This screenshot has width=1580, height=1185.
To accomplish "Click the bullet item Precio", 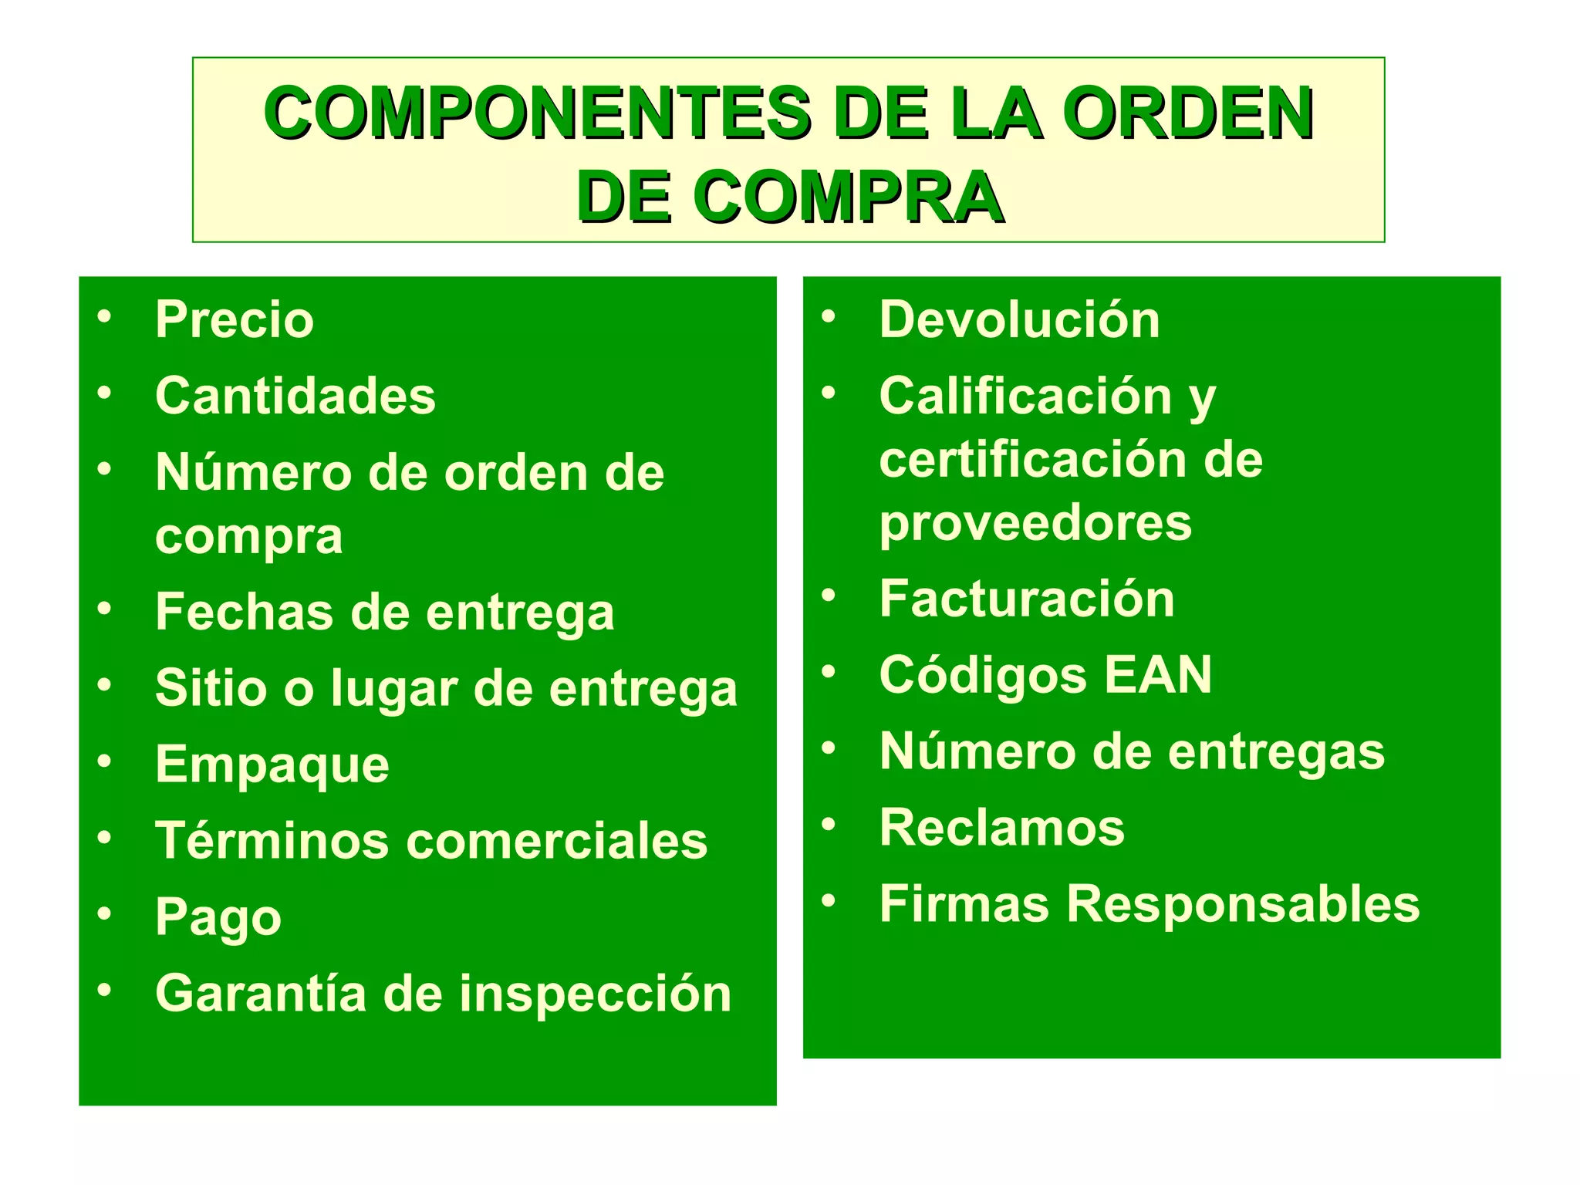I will point(235,319).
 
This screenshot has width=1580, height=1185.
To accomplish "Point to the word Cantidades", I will point(295,396).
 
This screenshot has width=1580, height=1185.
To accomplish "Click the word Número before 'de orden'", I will point(252,472).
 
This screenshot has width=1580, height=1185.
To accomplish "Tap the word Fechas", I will point(245,613).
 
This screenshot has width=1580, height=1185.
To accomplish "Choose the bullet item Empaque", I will point(272,765).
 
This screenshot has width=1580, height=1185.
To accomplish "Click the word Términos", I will point(272,840).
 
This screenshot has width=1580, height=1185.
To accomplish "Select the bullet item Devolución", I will point(1019,319).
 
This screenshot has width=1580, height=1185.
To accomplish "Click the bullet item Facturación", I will point(1027,599).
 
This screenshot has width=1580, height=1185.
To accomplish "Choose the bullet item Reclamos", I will point(1002,828).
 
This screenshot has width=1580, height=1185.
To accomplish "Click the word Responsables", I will point(1243,904).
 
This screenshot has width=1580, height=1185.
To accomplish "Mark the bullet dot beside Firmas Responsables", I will point(829,900).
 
